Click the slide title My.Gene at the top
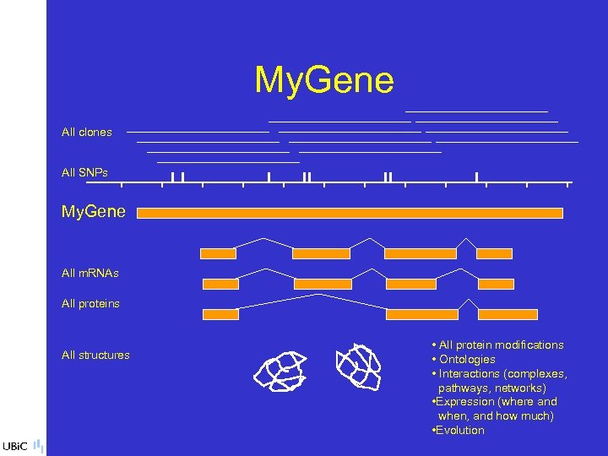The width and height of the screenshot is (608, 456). click(x=324, y=81)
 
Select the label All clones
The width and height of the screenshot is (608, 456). click(x=86, y=133)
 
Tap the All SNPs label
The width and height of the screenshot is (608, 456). click(x=84, y=173)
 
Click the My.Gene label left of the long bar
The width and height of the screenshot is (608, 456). click(x=94, y=212)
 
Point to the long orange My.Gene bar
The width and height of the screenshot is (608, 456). click(x=350, y=213)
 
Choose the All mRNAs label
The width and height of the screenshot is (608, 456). click(x=90, y=274)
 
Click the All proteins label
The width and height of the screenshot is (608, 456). click(x=90, y=304)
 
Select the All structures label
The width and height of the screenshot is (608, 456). click(x=95, y=356)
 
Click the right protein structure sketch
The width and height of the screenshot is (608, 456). click(x=358, y=366)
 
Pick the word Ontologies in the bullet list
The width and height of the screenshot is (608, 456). click(x=467, y=360)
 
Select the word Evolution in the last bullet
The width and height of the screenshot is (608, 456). click(x=460, y=431)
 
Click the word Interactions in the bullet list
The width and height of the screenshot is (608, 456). click(x=470, y=374)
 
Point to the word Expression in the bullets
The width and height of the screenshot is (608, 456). click(x=464, y=402)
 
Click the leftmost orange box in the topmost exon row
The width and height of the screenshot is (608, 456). click(x=218, y=253)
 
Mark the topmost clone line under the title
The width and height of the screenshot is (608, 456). click(x=476, y=111)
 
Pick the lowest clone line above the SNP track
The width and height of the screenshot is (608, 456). click(x=228, y=161)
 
